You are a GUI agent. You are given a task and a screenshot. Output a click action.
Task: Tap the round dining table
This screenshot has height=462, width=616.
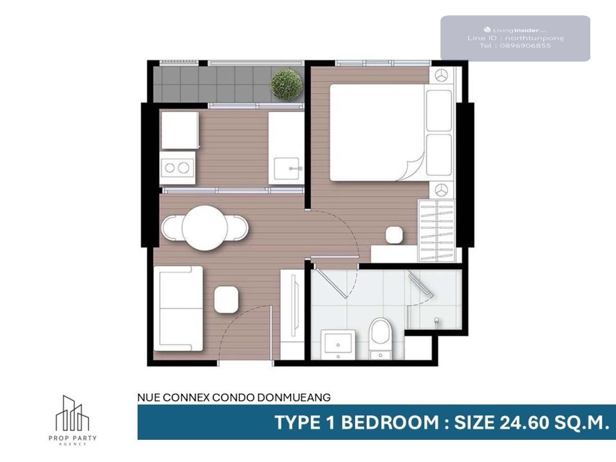[x=205, y=228]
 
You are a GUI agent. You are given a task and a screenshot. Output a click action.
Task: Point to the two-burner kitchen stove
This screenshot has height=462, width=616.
[x=177, y=168]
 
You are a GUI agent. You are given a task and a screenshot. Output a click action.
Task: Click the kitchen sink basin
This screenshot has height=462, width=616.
[x=286, y=168]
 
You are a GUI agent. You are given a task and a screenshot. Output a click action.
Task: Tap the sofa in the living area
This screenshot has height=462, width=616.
[x=178, y=309]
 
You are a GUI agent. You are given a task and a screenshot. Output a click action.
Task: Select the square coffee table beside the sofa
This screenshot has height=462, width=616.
[x=226, y=300]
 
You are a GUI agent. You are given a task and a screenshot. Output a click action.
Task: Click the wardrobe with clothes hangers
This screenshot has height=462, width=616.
[x=436, y=231]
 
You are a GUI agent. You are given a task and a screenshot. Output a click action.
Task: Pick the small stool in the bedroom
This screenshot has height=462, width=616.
[x=394, y=235]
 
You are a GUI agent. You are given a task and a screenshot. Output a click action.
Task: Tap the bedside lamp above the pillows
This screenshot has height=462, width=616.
[x=441, y=75]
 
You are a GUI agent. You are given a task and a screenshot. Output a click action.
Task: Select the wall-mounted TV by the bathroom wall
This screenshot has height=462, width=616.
[x=294, y=305]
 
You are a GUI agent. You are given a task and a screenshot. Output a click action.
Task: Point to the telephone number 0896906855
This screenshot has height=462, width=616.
[x=525, y=46]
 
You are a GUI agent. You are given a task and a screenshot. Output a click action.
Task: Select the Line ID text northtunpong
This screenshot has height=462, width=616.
[x=534, y=38]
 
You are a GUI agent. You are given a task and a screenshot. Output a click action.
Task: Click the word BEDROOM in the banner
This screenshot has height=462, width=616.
[x=390, y=422]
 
